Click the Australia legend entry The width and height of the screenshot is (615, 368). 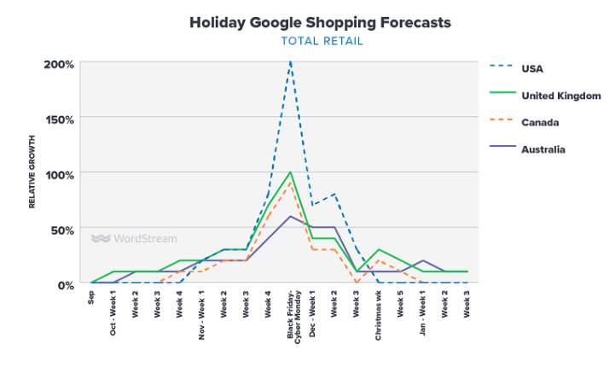(542, 149)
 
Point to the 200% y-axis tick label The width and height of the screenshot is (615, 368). (59, 64)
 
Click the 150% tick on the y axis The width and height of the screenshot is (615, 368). (59, 119)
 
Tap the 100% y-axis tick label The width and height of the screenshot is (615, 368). (59, 174)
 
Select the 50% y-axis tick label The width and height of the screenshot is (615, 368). (61, 229)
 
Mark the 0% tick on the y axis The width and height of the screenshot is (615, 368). (64, 284)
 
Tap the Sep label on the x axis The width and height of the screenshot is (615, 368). (92, 298)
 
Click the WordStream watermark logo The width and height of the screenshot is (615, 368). (134, 239)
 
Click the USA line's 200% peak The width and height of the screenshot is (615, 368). (291, 63)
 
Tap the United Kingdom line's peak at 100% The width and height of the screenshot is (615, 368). (291, 172)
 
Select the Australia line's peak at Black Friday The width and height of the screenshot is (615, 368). (291, 216)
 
